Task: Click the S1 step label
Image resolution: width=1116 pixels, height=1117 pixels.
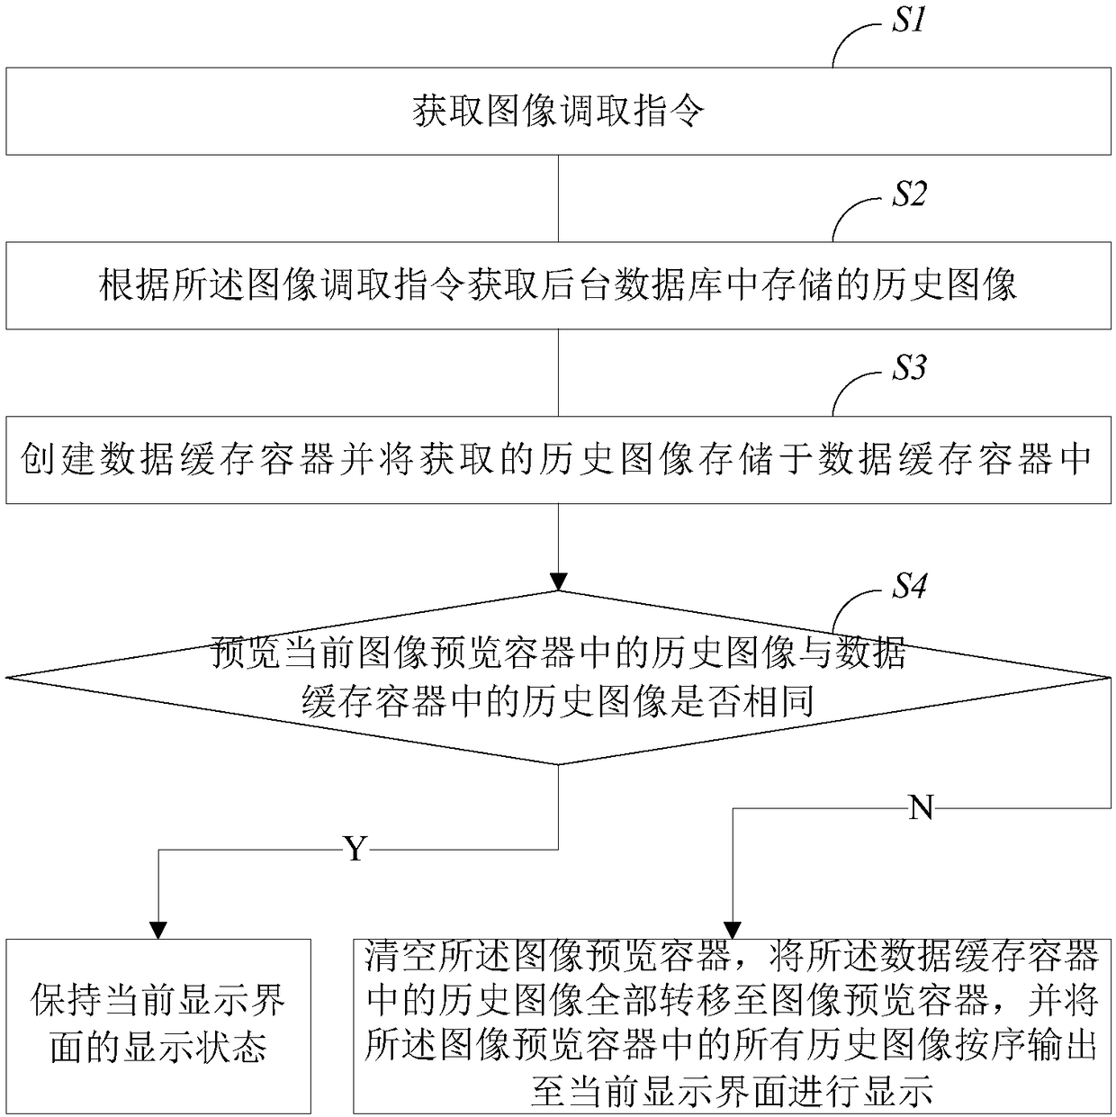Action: [x=908, y=21]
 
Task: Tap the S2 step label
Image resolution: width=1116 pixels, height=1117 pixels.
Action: [x=908, y=194]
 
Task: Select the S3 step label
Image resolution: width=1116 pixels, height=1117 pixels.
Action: [x=908, y=368]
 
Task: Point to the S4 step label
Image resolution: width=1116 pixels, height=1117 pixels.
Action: [x=908, y=587]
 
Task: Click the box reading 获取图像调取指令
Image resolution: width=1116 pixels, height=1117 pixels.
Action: [x=558, y=112]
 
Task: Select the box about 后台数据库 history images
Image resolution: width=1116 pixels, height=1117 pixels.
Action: [x=558, y=285]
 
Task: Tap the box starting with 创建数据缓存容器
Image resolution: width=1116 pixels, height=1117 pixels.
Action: [x=558, y=459]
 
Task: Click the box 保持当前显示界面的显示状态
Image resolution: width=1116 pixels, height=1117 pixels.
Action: [x=158, y=1025]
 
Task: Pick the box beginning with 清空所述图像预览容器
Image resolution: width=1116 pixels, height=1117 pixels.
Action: [x=732, y=1025]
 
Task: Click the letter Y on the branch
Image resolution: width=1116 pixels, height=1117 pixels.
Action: [x=356, y=848]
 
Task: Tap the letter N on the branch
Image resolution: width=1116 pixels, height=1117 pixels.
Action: [x=921, y=808]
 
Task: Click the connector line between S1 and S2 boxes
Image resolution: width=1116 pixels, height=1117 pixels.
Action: [x=558, y=198]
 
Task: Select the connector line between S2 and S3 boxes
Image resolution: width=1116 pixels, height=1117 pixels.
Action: [x=558, y=372]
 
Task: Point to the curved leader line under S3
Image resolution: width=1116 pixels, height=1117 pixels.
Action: [x=850, y=393]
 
